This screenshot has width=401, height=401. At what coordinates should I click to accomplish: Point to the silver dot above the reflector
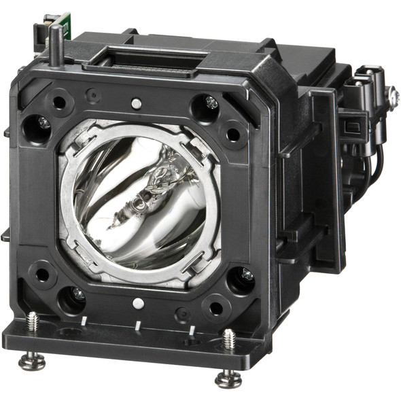click(136, 103)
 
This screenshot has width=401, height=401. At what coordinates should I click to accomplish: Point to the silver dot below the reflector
click(138, 303)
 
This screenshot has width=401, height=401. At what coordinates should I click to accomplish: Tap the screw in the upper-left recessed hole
click(43, 123)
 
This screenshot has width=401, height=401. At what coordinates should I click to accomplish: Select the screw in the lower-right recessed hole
click(247, 275)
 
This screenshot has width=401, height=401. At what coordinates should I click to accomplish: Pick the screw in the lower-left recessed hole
click(78, 294)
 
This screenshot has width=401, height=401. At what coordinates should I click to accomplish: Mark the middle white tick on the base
click(139, 325)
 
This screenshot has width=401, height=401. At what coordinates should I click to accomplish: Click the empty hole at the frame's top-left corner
click(60, 103)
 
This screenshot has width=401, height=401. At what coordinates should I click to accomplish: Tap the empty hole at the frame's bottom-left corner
click(42, 275)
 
